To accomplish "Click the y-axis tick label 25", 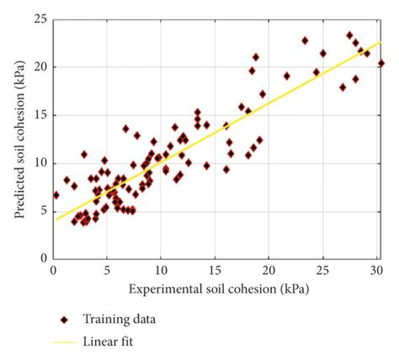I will [39, 19].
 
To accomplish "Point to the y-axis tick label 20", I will [39, 66].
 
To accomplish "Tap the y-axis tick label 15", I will [39, 114].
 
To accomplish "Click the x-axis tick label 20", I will [269, 270].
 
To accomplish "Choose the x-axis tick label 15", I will [215, 270].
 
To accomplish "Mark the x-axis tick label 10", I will [161, 270].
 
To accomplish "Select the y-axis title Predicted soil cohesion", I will [18, 138].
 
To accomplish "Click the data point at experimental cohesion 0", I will [56, 194].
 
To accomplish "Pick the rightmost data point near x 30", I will [381, 63].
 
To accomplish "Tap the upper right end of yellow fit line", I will [381, 42].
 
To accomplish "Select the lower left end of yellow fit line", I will [56, 220].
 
